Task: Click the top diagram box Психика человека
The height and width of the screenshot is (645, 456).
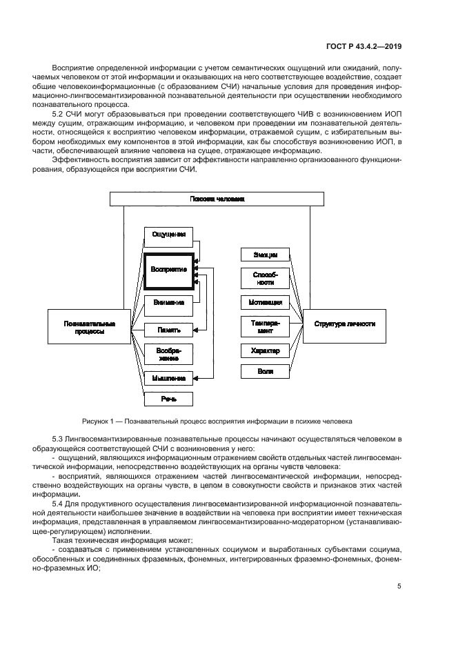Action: click(x=217, y=199)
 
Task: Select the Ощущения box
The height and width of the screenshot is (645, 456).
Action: click(x=168, y=235)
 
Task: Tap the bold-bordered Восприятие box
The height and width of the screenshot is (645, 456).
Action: click(x=168, y=269)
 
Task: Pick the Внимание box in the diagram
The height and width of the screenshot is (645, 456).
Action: click(x=168, y=302)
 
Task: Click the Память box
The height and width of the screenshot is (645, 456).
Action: click(x=168, y=330)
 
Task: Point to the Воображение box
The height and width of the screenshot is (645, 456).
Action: click(x=168, y=354)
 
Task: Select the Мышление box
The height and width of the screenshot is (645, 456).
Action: click(x=168, y=378)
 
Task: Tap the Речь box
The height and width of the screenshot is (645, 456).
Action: click(x=168, y=399)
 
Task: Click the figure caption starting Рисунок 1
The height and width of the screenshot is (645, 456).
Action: click(x=217, y=420)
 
